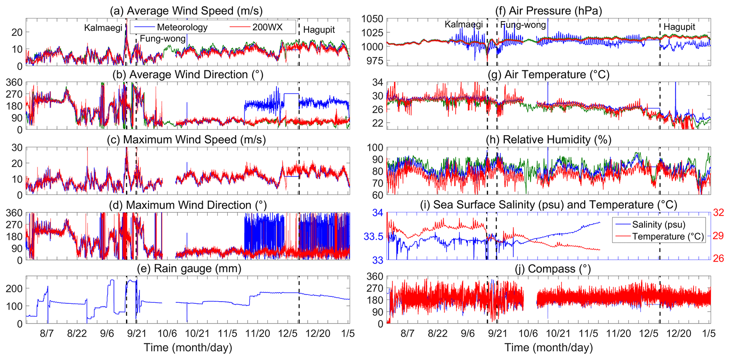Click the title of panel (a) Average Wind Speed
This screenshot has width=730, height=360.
pos(186,11)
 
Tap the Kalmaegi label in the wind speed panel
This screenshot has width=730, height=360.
pos(103,28)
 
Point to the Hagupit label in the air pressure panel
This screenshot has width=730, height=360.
pos(679,27)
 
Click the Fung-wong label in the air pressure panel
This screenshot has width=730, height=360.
pos(523,25)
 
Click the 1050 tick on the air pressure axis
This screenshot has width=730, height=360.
pos(372,19)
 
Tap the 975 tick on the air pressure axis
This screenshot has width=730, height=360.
pos(375,61)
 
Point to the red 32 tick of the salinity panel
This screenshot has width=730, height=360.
pos(718,212)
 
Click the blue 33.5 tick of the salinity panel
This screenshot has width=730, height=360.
pos(373,236)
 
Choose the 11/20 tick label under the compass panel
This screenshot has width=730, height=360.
pos(618,334)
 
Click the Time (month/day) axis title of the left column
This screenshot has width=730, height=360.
pos(188,348)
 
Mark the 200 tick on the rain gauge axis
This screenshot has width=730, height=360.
pos(14,288)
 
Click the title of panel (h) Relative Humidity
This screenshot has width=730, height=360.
pos(548,140)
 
